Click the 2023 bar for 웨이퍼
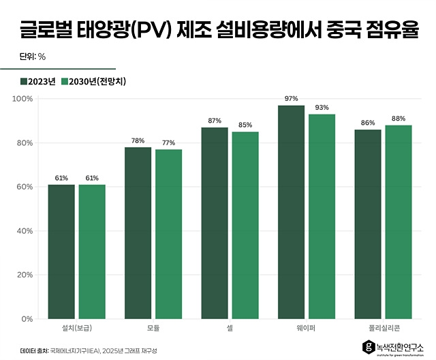(292, 212)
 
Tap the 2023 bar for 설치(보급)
(61, 252)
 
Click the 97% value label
(292, 99)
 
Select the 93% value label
(322, 108)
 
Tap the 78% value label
(138, 140)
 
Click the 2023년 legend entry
(38, 82)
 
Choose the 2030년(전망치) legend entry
(94, 82)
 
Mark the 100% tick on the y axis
(24, 99)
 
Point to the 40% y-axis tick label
(25, 231)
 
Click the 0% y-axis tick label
(27, 319)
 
